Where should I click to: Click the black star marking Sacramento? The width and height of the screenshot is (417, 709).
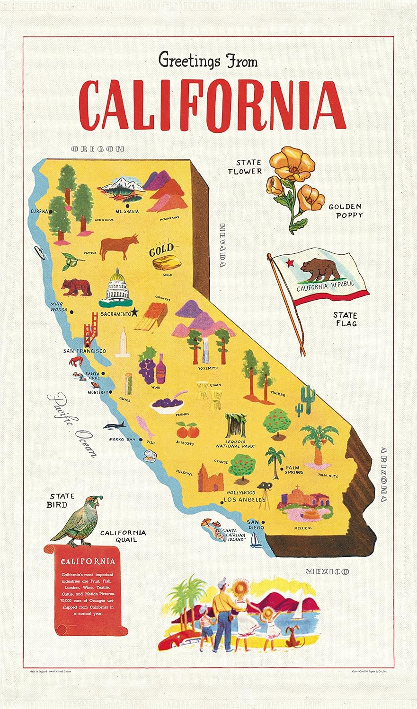(x=135, y=312)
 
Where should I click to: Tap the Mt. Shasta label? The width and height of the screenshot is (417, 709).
(x=127, y=211)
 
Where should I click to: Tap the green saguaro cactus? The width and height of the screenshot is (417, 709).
(x=306, y=399)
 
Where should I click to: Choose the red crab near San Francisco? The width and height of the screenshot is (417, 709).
(x=76, y=362)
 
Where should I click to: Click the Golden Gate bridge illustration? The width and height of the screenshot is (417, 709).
(x=89, y=330)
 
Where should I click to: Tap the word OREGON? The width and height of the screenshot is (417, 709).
(x=98, y=149)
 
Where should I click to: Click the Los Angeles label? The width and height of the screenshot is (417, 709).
(x=244, y=500)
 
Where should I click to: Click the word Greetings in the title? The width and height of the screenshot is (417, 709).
(x=189, y=61)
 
